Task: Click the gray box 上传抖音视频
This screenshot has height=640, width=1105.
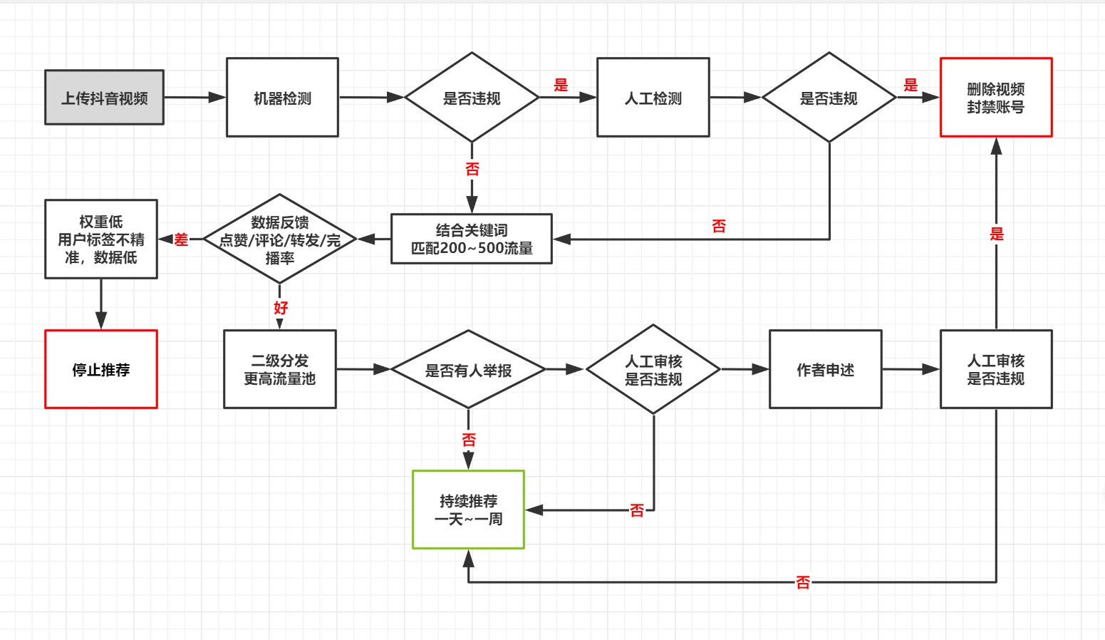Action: coord(104,98)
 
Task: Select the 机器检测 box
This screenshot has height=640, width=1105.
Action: coord(282,98)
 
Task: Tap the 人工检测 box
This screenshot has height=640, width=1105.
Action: coord(653,98)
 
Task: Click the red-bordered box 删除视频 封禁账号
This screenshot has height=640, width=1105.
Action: coord(995,98)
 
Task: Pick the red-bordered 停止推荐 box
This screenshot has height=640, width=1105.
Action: coord(101,369)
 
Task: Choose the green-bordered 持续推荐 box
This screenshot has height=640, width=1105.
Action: coord(468,510)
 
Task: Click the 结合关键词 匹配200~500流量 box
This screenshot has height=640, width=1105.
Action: coord(471,239)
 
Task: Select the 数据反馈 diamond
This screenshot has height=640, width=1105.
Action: coord(279,239)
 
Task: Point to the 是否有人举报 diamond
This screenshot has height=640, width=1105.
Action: coord(468,370)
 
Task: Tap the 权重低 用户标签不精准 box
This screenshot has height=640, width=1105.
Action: coord(101,239)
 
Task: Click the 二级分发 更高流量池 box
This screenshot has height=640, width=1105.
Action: coord(279,369)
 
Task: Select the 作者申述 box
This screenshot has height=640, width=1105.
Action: coord(825,369)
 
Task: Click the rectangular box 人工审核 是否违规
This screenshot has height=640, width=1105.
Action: coord(995,369)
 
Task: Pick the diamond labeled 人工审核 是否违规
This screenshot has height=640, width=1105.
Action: coord(653,369)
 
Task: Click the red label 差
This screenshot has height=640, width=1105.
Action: coord(181,239)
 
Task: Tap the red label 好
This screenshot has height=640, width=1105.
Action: coord(280,307)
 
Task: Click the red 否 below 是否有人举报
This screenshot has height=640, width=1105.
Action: coord(468,440)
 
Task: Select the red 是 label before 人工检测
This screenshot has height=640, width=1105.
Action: coord(561,85)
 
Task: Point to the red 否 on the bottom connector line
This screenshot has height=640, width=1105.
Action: coord(802,582)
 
